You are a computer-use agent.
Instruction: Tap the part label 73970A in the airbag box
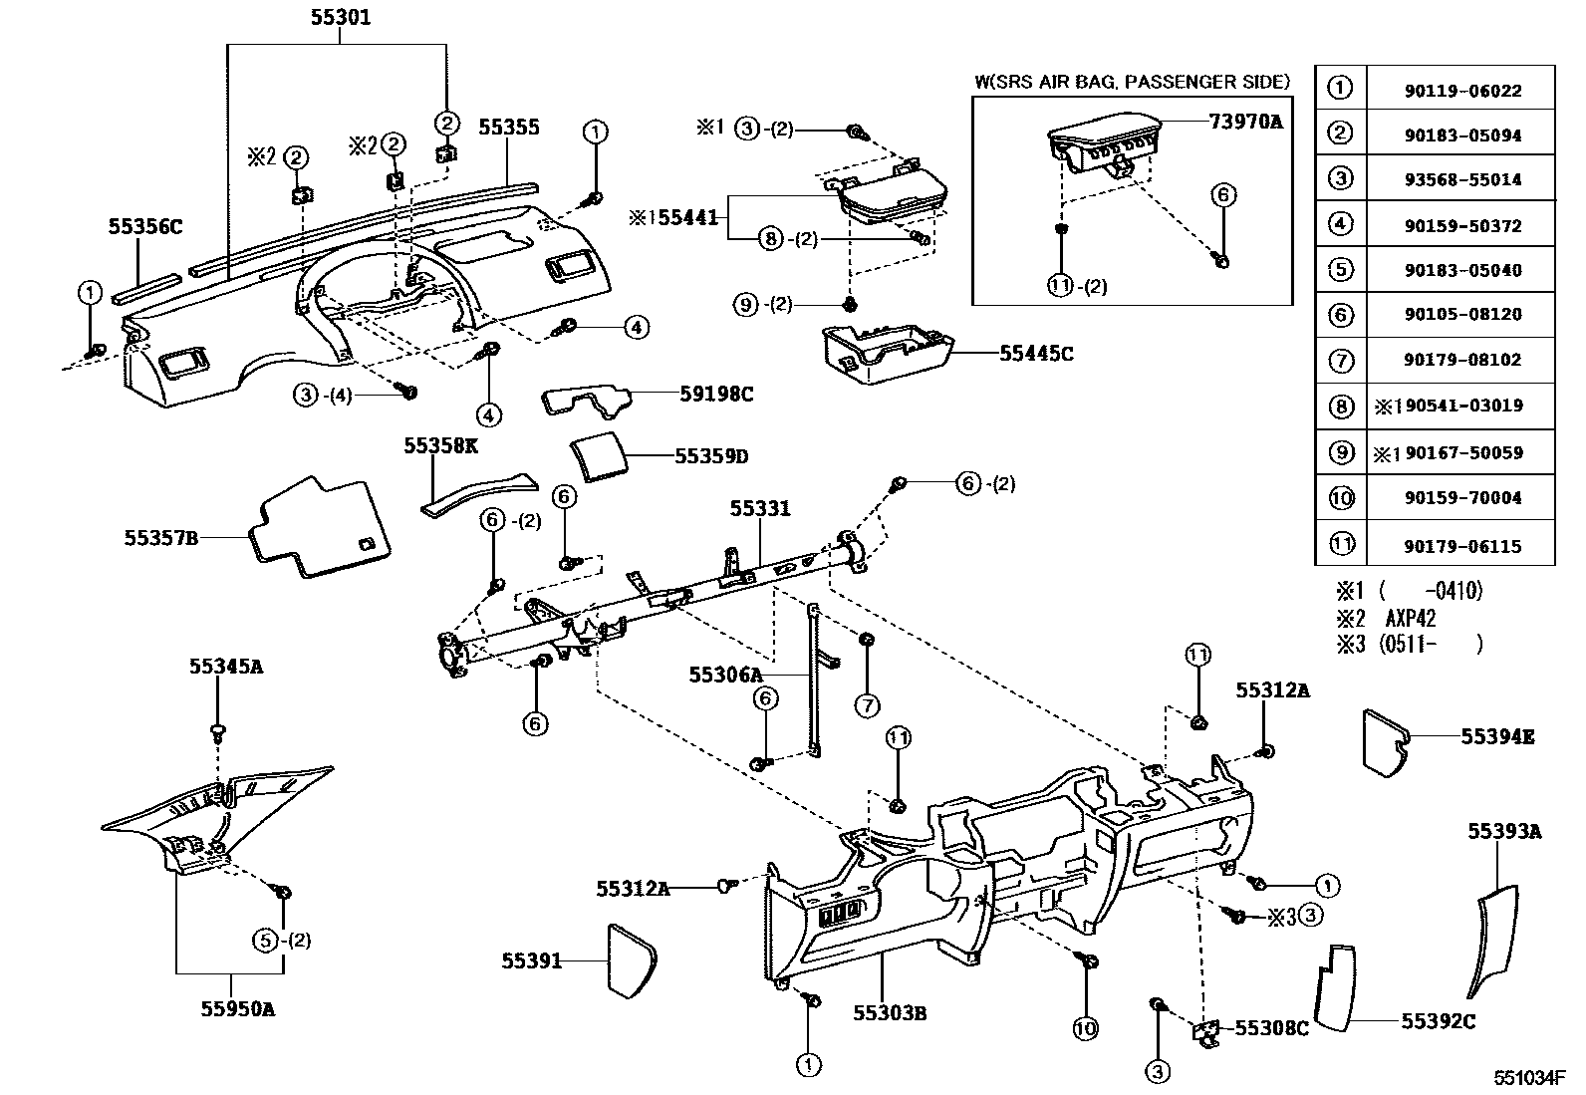coord(1244,123)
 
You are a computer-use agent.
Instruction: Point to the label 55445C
coord(1036,354)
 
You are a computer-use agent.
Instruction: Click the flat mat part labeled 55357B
coord(319,528)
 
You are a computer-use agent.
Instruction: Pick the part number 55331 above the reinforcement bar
coord(759,509)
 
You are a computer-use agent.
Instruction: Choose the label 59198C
coord(716,395)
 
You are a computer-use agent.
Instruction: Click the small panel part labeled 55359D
coord(596,456)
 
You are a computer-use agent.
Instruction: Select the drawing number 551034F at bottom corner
coord(1529,1078)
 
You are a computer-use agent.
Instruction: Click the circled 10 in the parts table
coord(1341,497)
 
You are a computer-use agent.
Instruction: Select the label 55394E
coord(1497,737)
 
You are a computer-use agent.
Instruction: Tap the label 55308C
coord(1271,1028)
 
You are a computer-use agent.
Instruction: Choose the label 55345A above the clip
coord(226,667)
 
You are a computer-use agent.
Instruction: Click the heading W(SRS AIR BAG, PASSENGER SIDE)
coord(1132,82)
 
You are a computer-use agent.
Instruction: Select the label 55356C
coord(145,227)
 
